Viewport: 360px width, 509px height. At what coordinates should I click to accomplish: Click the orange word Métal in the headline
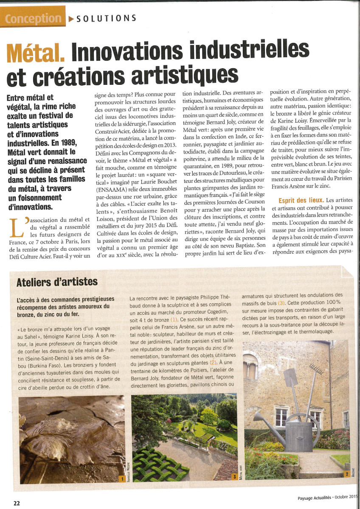point(35,52)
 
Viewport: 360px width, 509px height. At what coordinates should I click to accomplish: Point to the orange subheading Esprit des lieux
point(301,200)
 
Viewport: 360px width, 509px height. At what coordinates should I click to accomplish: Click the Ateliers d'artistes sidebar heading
point(57,282)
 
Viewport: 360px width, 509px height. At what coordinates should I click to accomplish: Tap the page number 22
point(17,503)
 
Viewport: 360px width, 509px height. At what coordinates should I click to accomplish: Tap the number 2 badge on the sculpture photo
point(347,473)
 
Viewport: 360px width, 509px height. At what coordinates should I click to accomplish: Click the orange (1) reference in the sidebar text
point(174,319)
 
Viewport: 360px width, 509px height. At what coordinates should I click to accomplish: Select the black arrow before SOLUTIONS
point(70,18)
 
